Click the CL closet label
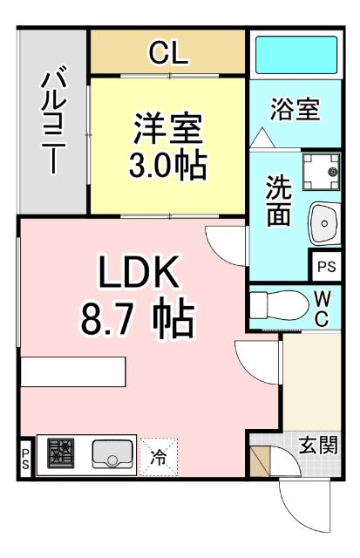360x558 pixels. pyautogui.click(x=168, y=54)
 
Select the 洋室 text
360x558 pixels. pyautogui.click(x=167, y=130)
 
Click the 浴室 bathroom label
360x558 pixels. pyautogui.click(x=295, y=110)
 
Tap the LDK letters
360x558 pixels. pyautogui.click(x=139, y=276)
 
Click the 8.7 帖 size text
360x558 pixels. pyautogui.click(x=138, y=320)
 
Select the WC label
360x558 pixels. pyautogui.click(x=322, y=307)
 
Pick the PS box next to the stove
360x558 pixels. pyautogui.click(x=25, y=456)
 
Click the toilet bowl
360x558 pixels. pyautogui.click(x=272, y=306)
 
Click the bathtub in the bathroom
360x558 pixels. pyautogui.click(x=294, y=55)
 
